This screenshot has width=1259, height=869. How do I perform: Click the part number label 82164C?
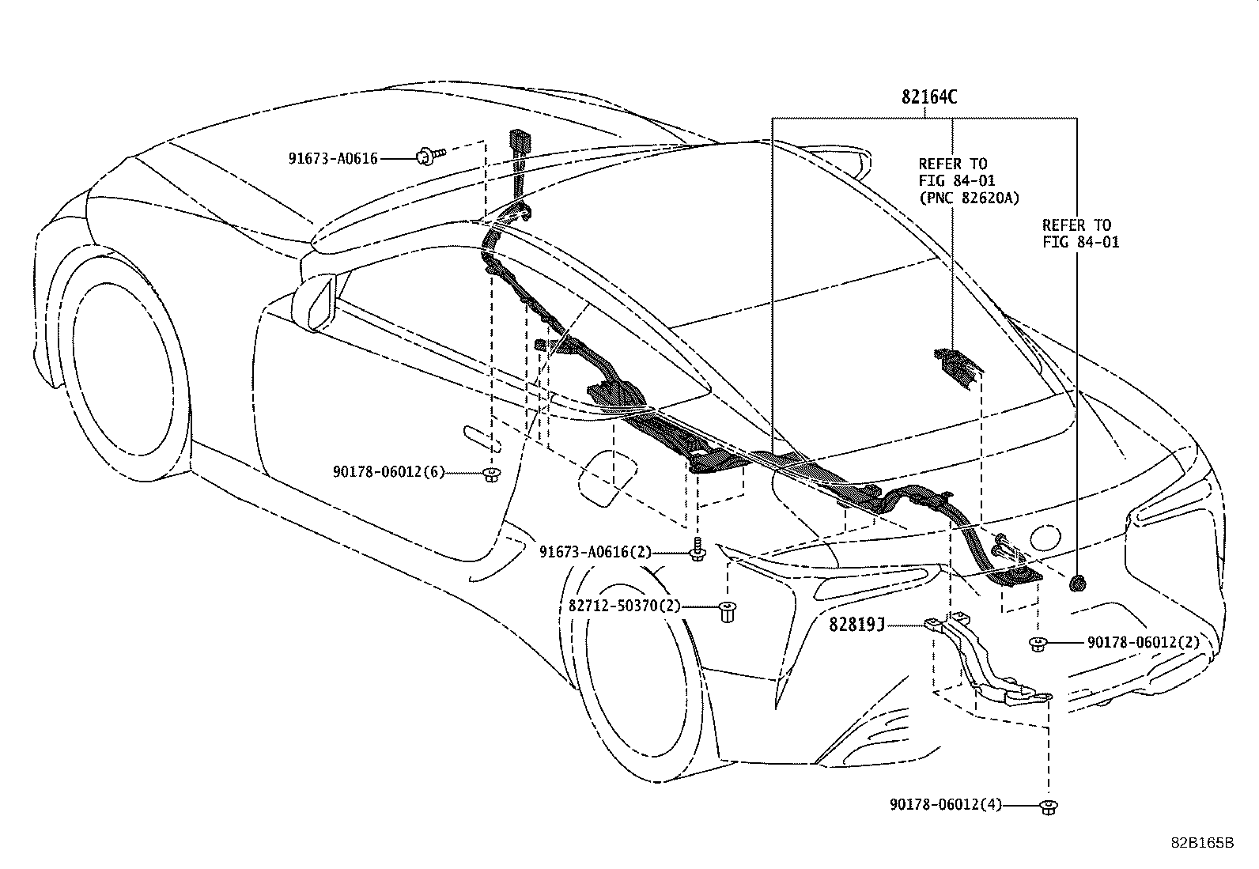(x=929, y=97)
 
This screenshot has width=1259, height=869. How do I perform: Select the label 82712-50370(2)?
(x=624, y=606)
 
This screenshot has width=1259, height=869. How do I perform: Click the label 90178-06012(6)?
(x=388, y=473)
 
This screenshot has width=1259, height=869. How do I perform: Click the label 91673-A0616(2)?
(x=595, y=552)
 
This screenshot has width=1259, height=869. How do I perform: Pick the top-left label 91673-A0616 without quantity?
(x=332, y=158)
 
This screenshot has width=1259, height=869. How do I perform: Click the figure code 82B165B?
(x=1202, y=843)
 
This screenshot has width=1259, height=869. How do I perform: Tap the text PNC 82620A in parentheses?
(x=969, y=198)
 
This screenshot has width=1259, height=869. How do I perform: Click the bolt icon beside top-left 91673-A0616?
(x=429, y=155)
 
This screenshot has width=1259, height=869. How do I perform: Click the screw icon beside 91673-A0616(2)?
(x=697, y=550)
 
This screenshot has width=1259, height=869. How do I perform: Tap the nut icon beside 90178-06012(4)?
(x=1049, y=806)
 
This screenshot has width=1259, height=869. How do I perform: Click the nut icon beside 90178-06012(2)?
(x=1038, y=644)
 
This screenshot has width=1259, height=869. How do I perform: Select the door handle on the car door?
(x=479, y=436)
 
